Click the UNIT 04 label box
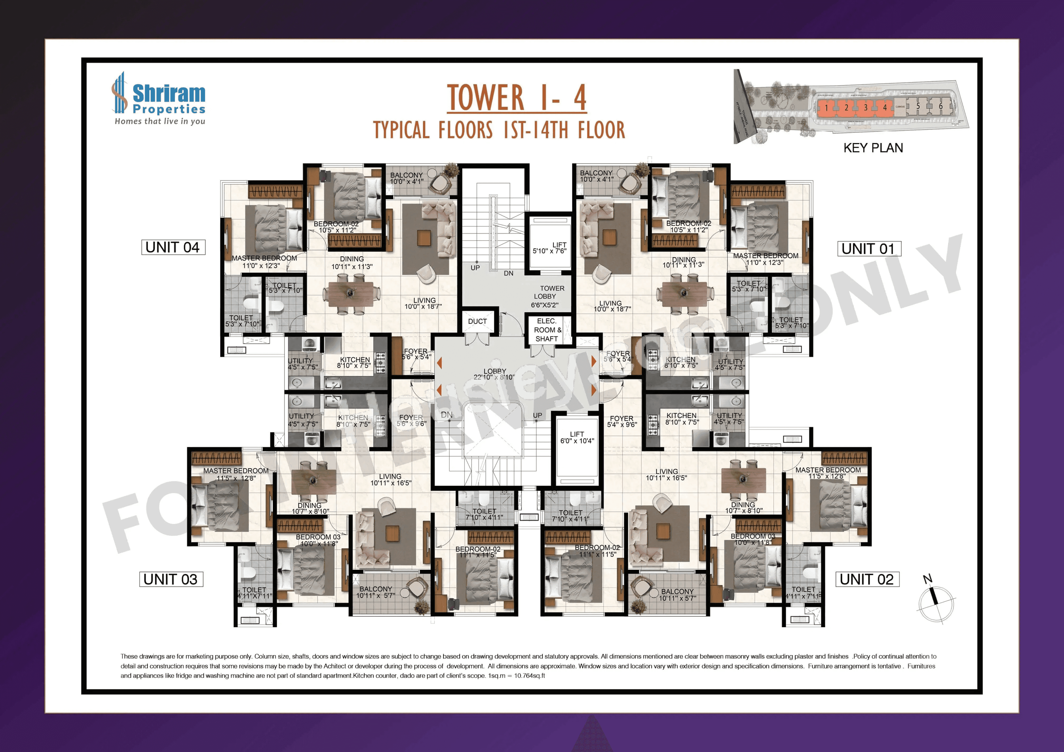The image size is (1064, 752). [x=173, y=247]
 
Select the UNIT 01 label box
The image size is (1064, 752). [x=868, y=249]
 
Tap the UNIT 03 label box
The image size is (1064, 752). [x=171, y=579]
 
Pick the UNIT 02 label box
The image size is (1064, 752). [x=867, y=579]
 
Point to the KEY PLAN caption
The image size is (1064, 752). [x=873, y=148]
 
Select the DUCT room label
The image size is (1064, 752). [x=477, y=321]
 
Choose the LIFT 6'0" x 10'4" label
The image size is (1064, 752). [x=577, y=438]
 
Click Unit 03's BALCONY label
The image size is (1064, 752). [x=376, y=592]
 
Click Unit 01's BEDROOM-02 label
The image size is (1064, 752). [x=689, y=226]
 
